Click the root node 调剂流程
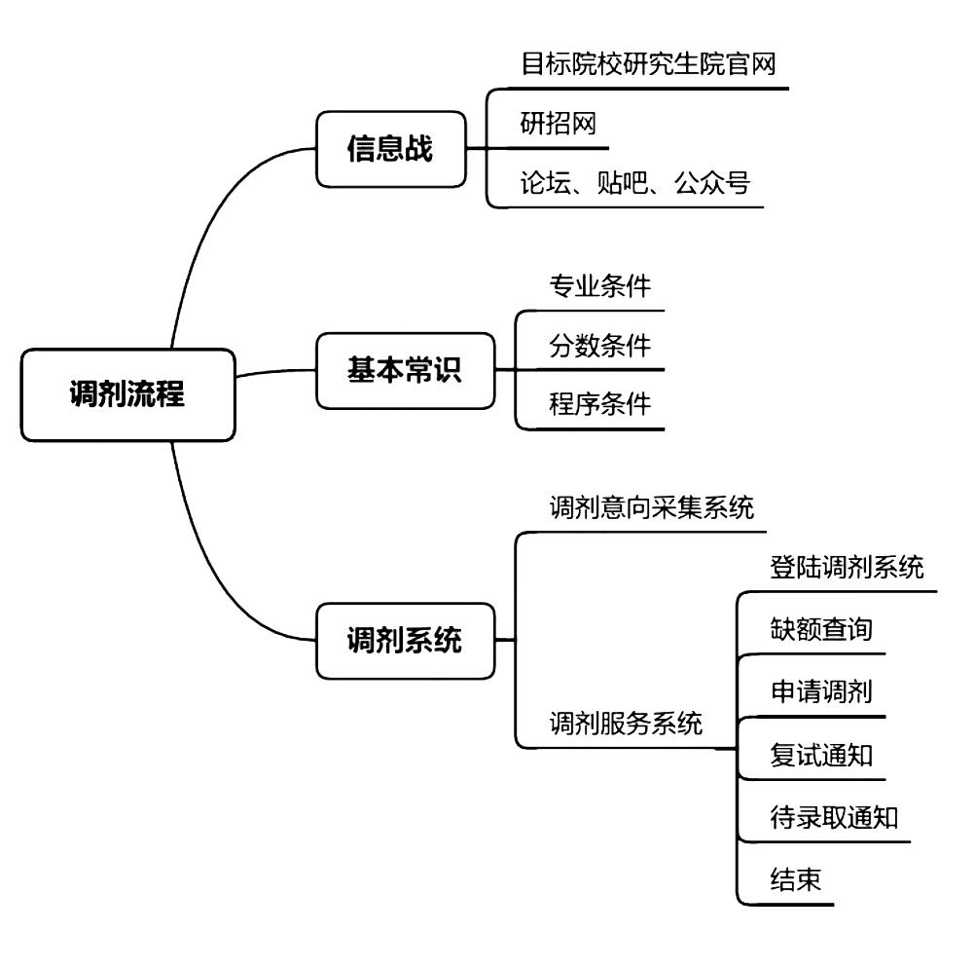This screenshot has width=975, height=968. [x=127, y=395]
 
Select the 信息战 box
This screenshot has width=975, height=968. [x=390, y=149]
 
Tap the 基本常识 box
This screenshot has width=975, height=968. [x=405, y=370]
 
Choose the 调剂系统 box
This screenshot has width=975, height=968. [x=405, y=641]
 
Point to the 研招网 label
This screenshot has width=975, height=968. [x=558, y=125]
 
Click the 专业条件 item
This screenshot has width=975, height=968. [x=599, y=287]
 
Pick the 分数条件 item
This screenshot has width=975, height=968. [x=599, y=346]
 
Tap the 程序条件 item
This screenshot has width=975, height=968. [x=599, y=404]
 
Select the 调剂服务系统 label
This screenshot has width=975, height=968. [x=625, y=724]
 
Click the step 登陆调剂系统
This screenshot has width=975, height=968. [x=847, y=568]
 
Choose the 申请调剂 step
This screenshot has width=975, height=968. [x=820, y=692]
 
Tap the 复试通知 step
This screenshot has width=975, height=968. [x=820, y=755]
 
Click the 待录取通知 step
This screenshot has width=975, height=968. [x=833, y=817]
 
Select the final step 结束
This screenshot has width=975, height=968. [x=795, y=879]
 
